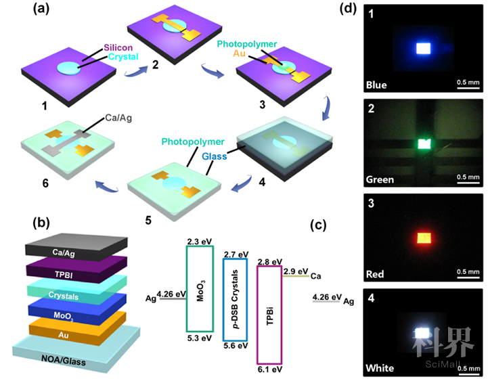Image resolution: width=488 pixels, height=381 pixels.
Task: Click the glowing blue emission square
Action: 424,47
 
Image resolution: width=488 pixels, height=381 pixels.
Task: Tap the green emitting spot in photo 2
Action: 424,143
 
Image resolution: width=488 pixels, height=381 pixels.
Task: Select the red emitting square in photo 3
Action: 424,238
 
